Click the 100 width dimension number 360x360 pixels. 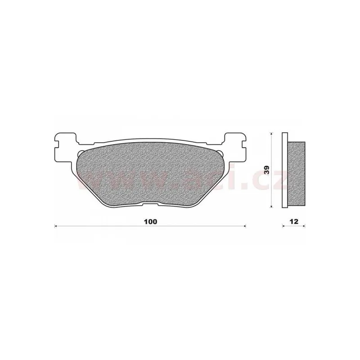tap(151, 221)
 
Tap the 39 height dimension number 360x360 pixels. tap(267, 171)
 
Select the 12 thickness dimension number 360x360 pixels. tap(294, 221)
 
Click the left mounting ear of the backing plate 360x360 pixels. tap(65, 147)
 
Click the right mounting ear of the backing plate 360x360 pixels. tap(235, 147)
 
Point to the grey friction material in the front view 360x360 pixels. tap(150, 174)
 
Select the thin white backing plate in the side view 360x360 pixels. tap(285, 171)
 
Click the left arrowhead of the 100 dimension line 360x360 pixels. tap(55, 226)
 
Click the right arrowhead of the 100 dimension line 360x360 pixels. tap(245, 226)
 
